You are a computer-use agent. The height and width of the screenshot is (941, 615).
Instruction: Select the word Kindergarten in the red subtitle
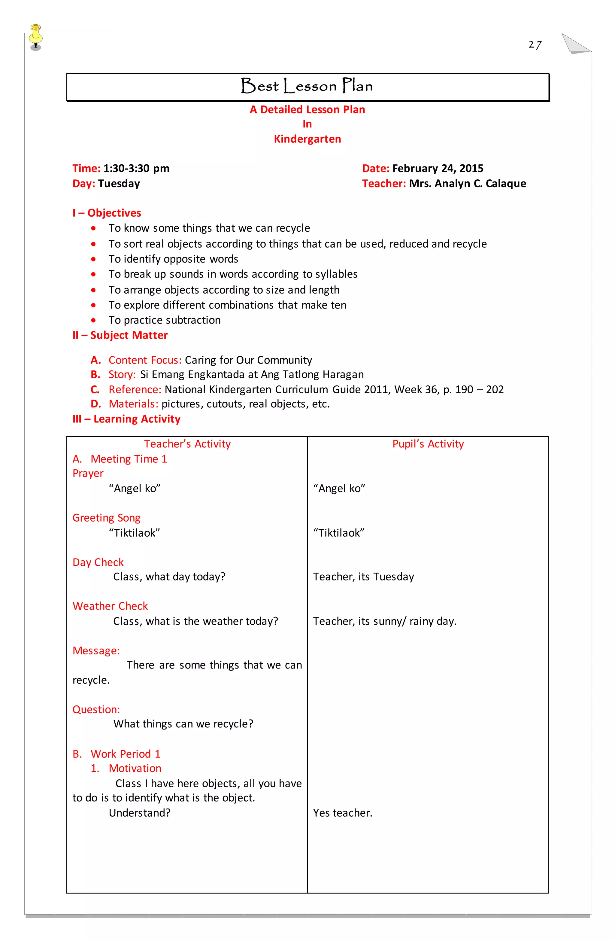tap(307, 139)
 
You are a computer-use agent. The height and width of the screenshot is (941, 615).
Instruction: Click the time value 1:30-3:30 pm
tap(136, 169)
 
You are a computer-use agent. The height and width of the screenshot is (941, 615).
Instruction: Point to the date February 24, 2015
tap(438, 169)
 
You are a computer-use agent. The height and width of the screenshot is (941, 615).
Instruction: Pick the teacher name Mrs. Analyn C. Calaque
tap(467, 184)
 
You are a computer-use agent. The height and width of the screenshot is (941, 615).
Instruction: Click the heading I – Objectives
tap(107, 213)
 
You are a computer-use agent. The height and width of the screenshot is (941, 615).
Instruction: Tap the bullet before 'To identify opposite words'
tap(93, 259)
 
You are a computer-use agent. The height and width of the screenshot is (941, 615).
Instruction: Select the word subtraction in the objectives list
tap(194, 320)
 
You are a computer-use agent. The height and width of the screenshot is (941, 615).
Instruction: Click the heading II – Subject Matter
tap(120, 335)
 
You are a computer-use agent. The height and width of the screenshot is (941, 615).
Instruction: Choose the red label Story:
tap(122, 374)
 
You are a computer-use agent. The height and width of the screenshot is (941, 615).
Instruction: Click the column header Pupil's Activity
tap(428, 444)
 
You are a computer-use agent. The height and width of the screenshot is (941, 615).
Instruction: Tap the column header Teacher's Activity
tap(187, 444)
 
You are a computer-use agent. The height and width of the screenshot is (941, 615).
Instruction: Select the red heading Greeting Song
tap(106, 518)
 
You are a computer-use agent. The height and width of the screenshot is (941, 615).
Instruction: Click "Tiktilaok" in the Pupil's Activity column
tap(339, 533)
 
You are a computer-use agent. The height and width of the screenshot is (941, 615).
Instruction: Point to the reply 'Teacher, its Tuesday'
tap(363, 577)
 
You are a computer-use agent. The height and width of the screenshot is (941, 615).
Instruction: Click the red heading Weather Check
tap(110, 606)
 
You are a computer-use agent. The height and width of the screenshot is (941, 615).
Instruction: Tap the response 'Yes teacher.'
tap(342, 813)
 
